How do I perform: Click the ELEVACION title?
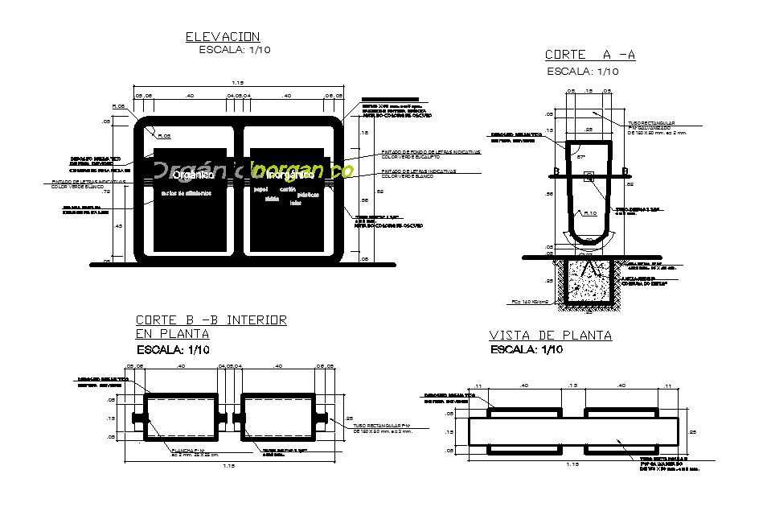(223, 36)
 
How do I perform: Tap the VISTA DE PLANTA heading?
(551, 336)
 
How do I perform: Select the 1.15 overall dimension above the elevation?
(238, 83)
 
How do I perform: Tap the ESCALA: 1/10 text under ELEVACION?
(234, 50)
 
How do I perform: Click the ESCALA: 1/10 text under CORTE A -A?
(583, 72)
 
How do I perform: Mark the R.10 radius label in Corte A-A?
(589, 213)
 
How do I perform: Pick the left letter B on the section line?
(556, 171)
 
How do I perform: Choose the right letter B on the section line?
(625, 171)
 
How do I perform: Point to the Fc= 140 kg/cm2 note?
(528, 302)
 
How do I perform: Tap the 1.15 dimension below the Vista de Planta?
(572, 464)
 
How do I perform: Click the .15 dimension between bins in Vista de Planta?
(572, 386)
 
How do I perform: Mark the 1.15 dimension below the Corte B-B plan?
(230, 465)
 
